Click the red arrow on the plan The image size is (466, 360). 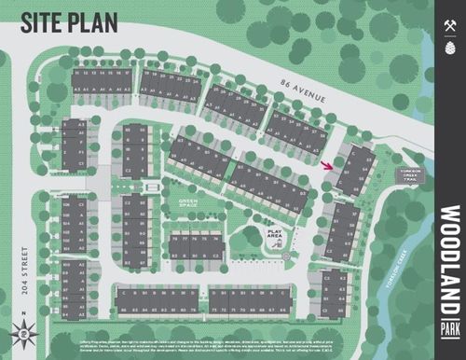(326, 166)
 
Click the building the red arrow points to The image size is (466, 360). (355, 170)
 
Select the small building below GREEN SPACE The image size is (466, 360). (195, 246)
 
